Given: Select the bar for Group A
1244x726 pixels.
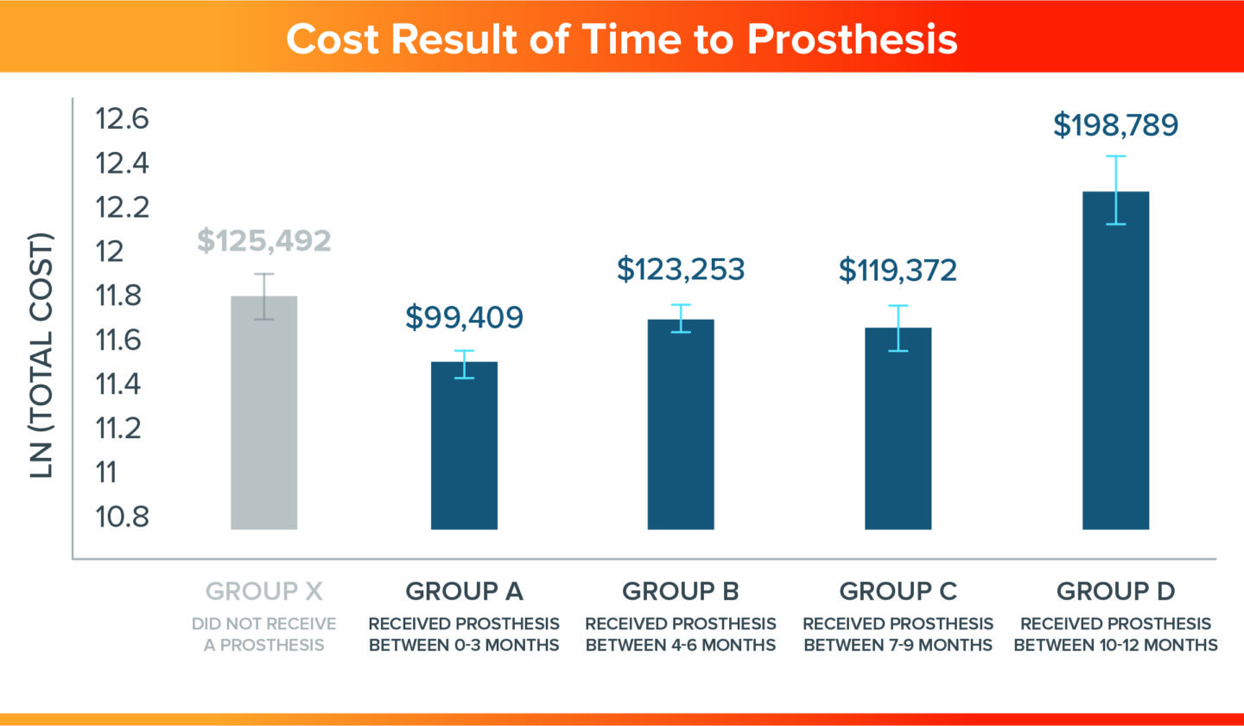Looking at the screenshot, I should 464,445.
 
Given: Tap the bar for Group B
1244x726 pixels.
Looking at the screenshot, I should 681,423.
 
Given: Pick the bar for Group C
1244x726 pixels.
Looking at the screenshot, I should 898,428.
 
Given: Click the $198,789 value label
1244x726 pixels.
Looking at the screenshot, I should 1115,124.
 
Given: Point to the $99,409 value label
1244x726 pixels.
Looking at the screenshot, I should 464,316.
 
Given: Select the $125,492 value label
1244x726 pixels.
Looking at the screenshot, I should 263,239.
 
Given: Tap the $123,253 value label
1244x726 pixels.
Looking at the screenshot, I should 681,269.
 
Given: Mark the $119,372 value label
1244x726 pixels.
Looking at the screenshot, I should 898,270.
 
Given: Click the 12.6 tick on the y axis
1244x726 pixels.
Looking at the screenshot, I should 123,118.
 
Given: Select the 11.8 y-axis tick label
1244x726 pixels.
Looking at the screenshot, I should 123,296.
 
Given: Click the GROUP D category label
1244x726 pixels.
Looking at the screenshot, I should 1115,592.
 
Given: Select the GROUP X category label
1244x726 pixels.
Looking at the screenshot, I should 263,592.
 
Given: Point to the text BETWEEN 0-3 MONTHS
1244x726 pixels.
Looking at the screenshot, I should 464,645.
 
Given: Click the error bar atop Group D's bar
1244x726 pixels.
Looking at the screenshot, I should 1115,189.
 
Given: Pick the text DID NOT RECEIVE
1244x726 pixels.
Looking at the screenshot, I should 263,624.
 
